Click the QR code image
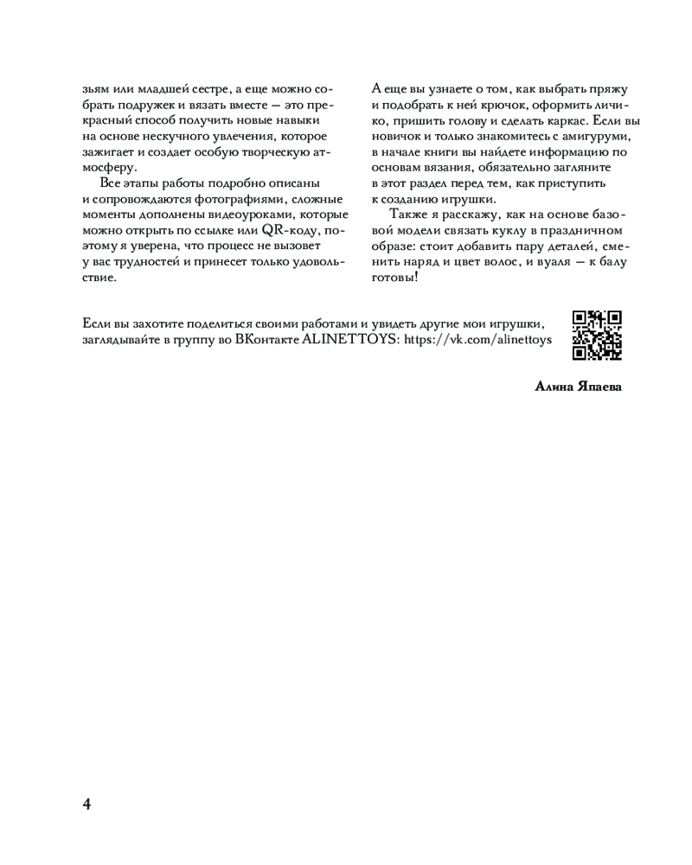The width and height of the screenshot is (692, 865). pos(597,335)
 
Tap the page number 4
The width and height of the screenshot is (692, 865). pos(86,804)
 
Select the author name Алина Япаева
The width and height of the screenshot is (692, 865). pos(579,387)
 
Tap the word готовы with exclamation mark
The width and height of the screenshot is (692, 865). pos(395,278)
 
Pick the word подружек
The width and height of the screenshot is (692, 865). pos(143,105)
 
